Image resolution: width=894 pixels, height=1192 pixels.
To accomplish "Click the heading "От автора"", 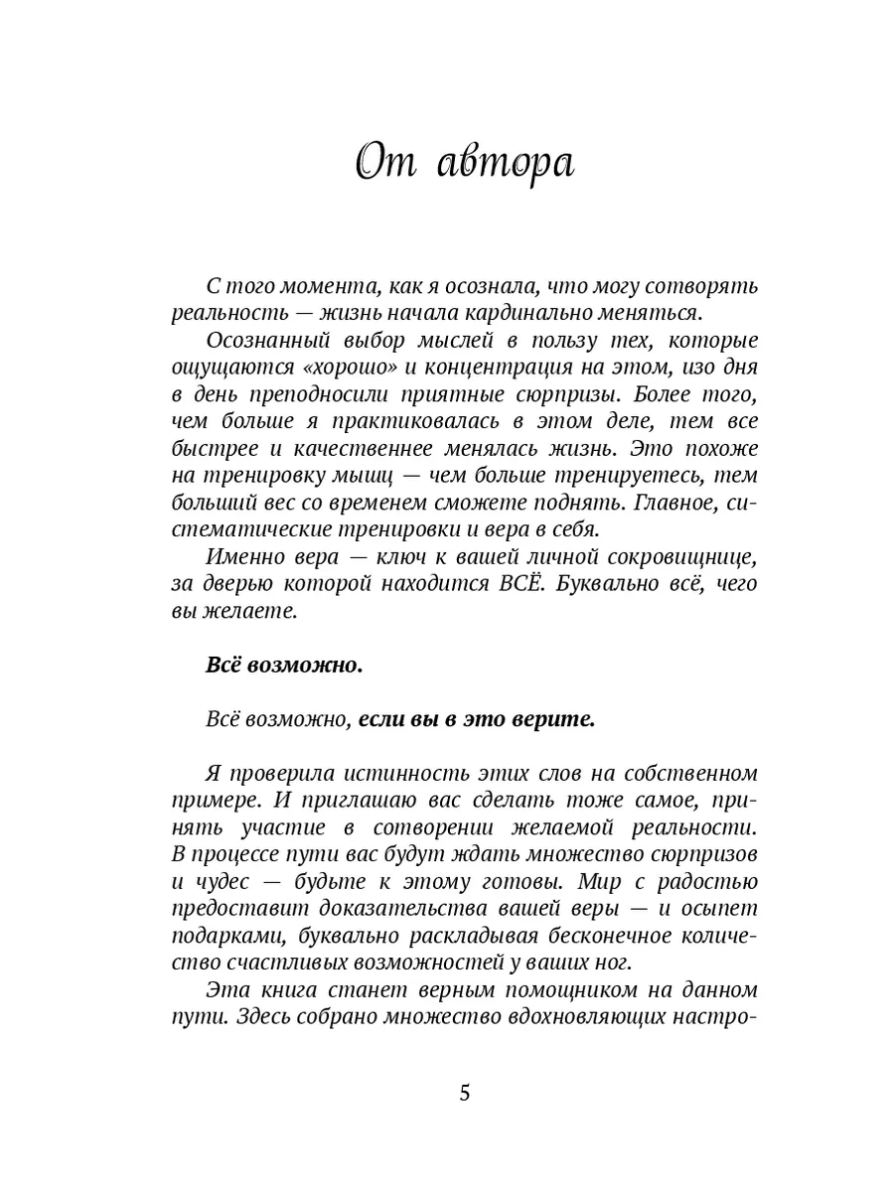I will click(x=465, y=162).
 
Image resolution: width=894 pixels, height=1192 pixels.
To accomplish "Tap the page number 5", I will click(x=465, y=1094).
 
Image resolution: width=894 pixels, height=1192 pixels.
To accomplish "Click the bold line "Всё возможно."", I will click(x=284, y=666).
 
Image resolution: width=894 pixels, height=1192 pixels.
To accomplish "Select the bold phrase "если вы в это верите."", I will click(x=476, y=719).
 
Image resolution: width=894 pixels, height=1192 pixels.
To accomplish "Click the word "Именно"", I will click(x=239, y=556).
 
